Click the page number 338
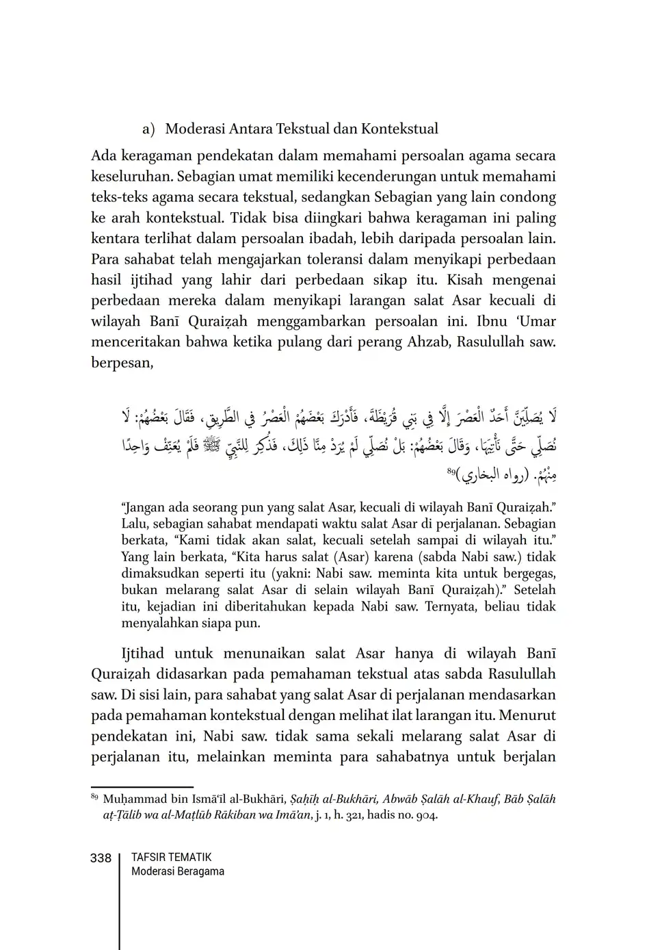(x=101, y=858)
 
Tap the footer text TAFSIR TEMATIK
(x=171, y=857)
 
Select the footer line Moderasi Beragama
(x=177, y=871)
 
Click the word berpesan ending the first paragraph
(x=121, y=363)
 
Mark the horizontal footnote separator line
(x=142, y=788)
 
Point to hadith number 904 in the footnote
(x=425, y=815)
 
